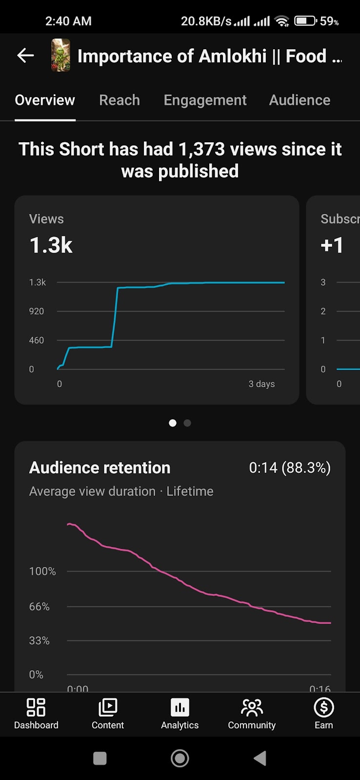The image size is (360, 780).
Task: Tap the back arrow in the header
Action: pyautogui.click(x=25, y=56)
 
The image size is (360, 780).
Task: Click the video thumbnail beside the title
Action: pyautogui.click(x=60, y=56)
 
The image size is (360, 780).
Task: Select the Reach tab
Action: pyautogui.click(x=120, y=100)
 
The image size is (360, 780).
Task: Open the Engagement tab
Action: pyautogui.click(x=205, y=100)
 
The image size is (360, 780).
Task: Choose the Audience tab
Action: pyautogui.click(x=300, y=100)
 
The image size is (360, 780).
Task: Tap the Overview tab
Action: pyautogui.click(x=45, y=100)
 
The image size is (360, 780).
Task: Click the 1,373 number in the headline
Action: pyautogui.click(x=201, y=149)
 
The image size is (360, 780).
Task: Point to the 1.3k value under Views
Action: pyautogui.click(x=51, y=245)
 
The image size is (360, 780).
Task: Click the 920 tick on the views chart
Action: pyautogui.click(x=37, y=312)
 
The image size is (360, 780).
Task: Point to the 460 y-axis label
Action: pyautogui.click(x=37, y=340)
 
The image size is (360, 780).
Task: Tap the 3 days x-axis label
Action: pyautogui.click(x=261, y=384)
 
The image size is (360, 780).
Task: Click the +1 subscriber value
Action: pyautogui.click(x=332, y=245)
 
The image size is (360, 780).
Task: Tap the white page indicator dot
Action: pyautogui.click(x=172, y=423)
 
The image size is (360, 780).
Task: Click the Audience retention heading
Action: pyautogui.click(x=100, y=468)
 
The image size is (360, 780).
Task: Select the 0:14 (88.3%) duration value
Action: pyautogui.click(x=290, y=468)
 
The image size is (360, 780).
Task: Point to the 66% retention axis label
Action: pyautogui.click(x=40, y=607)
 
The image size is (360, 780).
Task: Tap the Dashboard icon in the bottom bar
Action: pyautogui.click(x=36, y=708)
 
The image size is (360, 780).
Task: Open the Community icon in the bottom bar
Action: pyautogui.click(x=252, y=708)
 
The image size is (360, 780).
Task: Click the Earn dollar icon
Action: pyautogui.click(x=324, y=708)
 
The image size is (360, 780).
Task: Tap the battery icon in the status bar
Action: pyautogui.click(x=305, y=21)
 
